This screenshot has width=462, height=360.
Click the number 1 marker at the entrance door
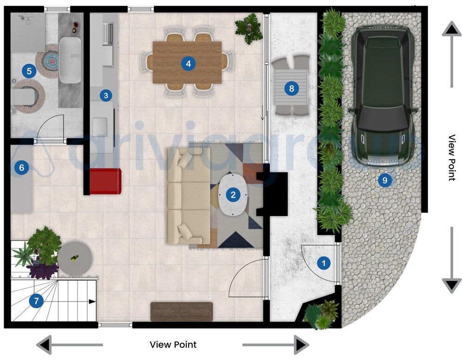[323, 264]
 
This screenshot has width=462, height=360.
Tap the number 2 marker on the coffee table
[233, 195]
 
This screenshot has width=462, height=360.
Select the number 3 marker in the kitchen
[106, 96]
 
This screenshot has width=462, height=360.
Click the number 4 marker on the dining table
[187, 63]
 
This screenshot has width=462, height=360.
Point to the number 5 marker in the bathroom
[29, 71]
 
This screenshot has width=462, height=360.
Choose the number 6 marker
[20, 168]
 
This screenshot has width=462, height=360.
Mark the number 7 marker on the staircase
[36, 301]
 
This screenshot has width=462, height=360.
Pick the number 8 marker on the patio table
[291, 88]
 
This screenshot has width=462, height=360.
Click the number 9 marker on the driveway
[384, 180]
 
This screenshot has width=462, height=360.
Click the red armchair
[106, 180]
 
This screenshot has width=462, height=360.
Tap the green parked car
[382, 95]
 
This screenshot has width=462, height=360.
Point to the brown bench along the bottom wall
[182, 311]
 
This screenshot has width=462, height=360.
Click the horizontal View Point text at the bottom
[173, 345]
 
